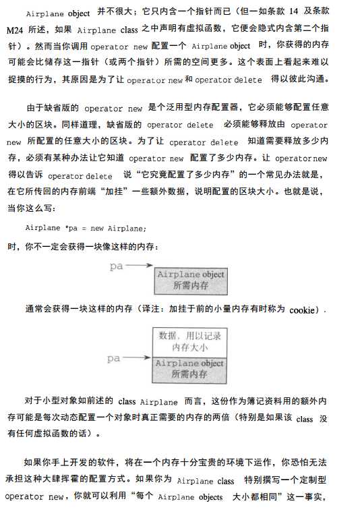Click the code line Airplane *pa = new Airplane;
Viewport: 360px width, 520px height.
point(86,228)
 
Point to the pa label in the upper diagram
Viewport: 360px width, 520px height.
point(117,266)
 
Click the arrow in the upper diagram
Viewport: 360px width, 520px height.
point(140,266)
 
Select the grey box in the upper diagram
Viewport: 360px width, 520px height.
point(190,280)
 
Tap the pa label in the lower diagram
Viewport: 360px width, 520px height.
point(113,359)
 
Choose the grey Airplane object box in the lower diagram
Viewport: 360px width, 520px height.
point(190,368)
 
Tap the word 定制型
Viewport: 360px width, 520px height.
point(312,481)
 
